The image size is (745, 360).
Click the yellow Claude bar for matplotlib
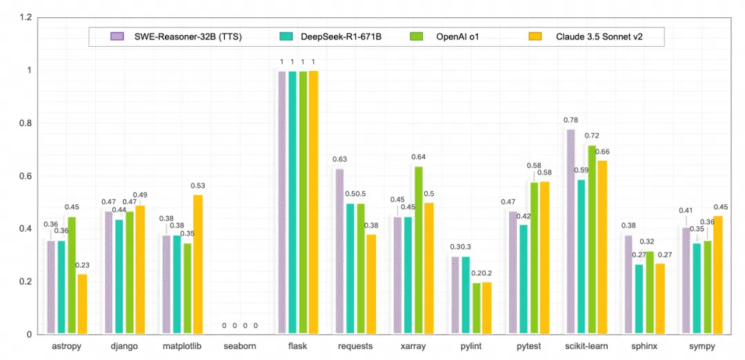coord(198,265)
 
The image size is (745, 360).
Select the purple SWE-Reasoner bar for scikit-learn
coord(570,232)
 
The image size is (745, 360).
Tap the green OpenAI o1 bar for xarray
coord(418,250)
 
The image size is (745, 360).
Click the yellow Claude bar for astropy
coord(82,304)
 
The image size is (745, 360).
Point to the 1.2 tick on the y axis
coord(26,17)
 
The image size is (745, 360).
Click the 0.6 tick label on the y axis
coord(26,176)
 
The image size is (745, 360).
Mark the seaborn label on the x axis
coord(240,346)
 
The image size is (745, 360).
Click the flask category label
coord(299,346)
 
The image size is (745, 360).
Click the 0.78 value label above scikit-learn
coord(570,120)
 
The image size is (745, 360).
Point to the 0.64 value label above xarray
coord(419,157)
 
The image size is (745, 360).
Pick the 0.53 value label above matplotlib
coord(198,186)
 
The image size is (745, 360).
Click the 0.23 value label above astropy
coord(83,265)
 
